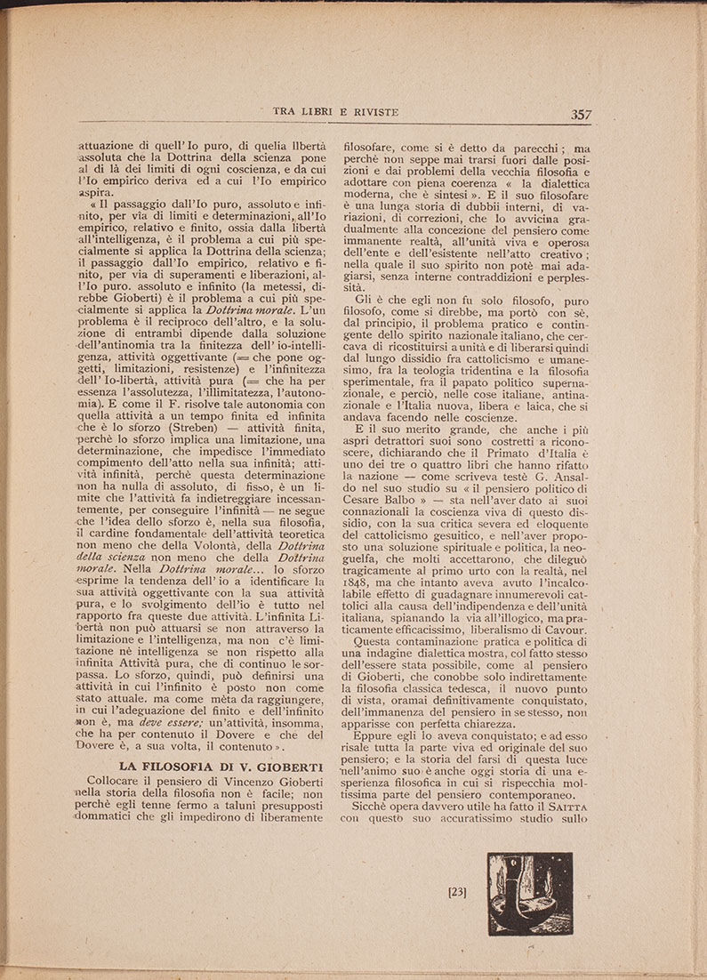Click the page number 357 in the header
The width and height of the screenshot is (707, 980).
click(x=582, y=114)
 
